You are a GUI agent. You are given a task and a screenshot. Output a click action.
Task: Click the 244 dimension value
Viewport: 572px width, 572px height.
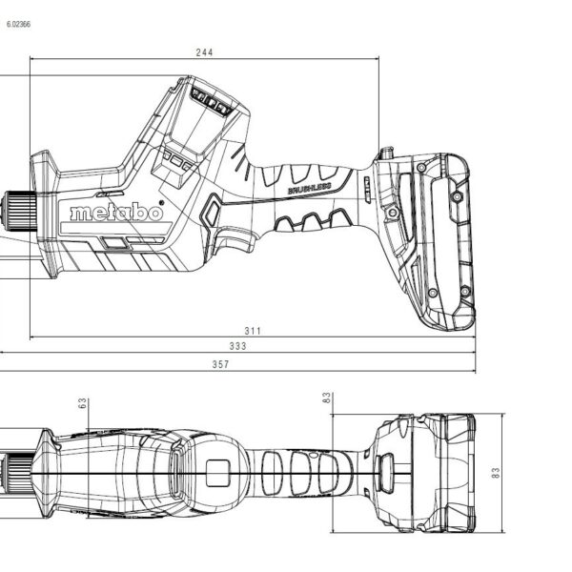click(x=204, y=52)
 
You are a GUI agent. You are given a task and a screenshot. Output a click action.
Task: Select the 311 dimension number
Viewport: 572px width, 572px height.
click(x=252, y=330)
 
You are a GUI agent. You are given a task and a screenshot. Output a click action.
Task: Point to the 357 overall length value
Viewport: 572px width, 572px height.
click(x=220, y=363)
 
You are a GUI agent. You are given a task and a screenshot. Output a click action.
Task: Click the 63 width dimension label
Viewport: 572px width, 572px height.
click(x=83, y=404)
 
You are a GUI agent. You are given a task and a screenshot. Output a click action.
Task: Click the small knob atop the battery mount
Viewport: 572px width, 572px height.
click(x=386, y=153)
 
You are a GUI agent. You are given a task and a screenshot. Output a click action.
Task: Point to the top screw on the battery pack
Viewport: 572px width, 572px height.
click(x=458, y=195)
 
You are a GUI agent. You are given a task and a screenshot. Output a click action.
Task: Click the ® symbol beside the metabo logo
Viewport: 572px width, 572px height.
click(x=163, y=203)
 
